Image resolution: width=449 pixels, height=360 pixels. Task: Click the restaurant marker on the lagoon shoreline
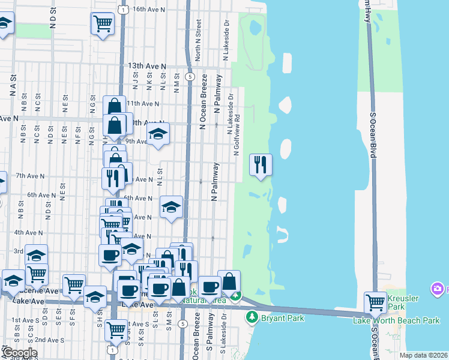[261, 165]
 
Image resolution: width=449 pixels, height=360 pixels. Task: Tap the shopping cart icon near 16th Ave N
[103, 24]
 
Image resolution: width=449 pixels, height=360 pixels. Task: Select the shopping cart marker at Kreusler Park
[375, 302]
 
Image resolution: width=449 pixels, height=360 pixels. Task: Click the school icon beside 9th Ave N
[158, 134]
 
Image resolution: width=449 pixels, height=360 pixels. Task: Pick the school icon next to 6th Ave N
[172, 208]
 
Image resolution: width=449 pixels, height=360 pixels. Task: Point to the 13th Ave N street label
[146, 65]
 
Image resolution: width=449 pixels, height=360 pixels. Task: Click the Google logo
[19, 353]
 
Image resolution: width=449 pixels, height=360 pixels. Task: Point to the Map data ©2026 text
[423, 355]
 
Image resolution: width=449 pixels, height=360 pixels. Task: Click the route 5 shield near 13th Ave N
[189, 77]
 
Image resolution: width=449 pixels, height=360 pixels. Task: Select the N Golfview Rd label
[237, 134]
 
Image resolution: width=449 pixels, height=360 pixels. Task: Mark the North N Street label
[198, 41]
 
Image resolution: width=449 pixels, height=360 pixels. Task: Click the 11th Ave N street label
[139, 103]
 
